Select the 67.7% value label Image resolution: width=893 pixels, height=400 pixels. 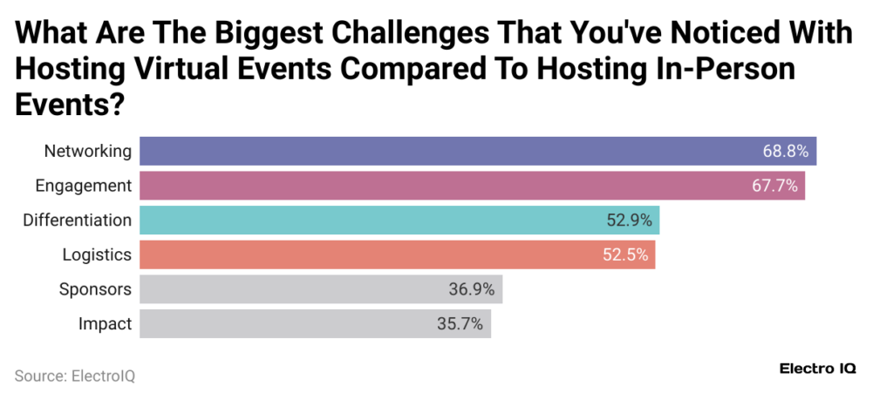click(x=774, y=186)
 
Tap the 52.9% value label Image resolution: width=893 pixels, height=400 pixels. click(x=630, y=220)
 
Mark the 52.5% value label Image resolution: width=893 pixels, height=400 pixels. click(x=626, y=254)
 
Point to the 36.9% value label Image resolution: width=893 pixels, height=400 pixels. click(x=472, y=289)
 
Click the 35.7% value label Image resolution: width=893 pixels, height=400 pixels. click(x=460, y=324)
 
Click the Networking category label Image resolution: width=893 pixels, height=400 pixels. click(x=88, y=152)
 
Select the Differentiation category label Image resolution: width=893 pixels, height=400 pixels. click(x=78, y=220)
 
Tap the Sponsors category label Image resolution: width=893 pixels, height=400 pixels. click(x=95, y=289)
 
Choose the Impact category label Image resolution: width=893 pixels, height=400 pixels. click(x=105, y=324)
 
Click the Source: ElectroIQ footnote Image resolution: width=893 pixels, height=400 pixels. click(x=75, y=376)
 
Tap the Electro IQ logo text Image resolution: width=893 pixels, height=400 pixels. click(x=817, y=369)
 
